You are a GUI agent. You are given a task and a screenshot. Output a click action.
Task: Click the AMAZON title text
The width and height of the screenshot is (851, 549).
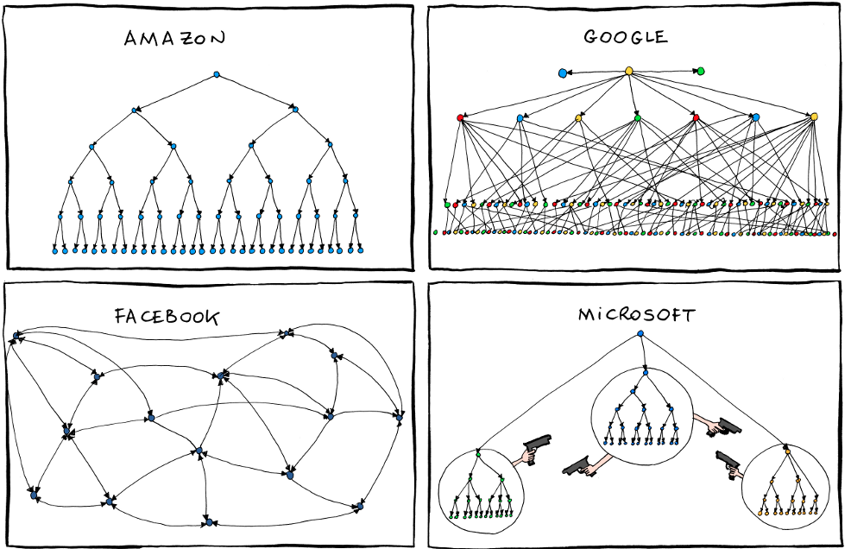pyautogui.click(x=174, y=39)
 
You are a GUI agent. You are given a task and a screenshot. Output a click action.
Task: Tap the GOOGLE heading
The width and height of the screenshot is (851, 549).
pyautogui.click(x=625, y=37)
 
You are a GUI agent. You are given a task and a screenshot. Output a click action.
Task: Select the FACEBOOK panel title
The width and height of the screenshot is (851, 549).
pyautogui.click(x=167, y=317)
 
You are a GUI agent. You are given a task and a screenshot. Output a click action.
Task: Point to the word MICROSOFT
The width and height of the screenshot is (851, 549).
pyautogui.click(x=635, y=315)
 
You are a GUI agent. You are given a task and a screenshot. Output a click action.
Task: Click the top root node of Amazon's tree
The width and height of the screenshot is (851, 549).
pyautogui.click(x=217, y=75)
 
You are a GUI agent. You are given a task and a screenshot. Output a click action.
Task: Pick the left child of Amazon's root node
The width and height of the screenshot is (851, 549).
pyautogui.click(x=136, y=110)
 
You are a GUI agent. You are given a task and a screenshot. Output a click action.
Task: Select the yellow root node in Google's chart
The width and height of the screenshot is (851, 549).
pyautogui.click(x=629, y=71)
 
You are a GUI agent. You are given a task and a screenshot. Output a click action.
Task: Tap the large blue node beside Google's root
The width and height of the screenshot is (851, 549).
pyautogui.click(x=563, y=73)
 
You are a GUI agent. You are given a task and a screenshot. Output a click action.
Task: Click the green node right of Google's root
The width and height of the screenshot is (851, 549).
pyautogui.click(x=700, y=71)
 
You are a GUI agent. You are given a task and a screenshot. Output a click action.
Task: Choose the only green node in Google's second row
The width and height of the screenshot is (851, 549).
pyautogui.click(x=637, y=116)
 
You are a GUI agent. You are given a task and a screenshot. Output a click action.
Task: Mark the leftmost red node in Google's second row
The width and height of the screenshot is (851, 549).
pyautogui.click(x=461, y=117)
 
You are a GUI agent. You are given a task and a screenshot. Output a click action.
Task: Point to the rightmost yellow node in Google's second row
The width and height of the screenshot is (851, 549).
pyautogui.click(x=814, y=117)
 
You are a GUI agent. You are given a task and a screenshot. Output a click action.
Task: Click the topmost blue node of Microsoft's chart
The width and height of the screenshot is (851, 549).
pyautogui.click(x=640, y=334)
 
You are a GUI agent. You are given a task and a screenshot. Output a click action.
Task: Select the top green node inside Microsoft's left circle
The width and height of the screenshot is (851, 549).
pyautogui.click(x=477, y=453)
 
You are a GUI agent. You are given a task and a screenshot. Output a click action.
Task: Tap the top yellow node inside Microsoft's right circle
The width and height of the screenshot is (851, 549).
pyautogui.click(x=787, y=451)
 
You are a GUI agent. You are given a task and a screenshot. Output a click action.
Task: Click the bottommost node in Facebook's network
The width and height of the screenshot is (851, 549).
pyautogui.click(x=208, y=522)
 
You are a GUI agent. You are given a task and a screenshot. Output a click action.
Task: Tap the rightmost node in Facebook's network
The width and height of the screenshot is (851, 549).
pyautogui.click(x=399, y=416)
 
